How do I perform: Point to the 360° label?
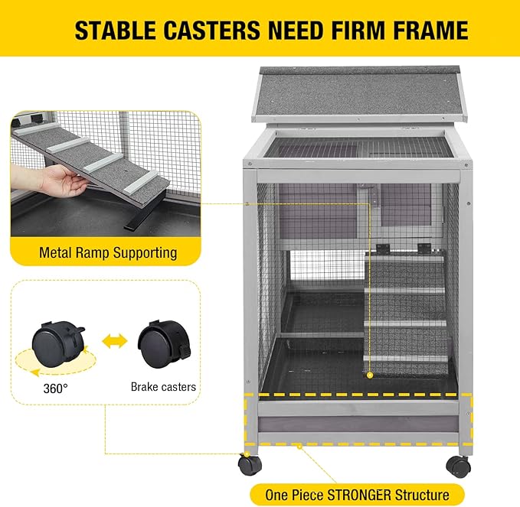pos(55,387)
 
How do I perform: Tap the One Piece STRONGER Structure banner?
pos(357,494)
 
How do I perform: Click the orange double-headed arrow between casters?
pos(114,341)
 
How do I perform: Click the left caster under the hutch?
pos(248,463)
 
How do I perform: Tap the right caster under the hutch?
pos(458,464)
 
